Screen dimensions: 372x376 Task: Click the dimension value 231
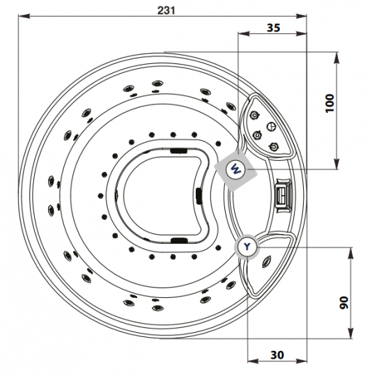click(166, 10)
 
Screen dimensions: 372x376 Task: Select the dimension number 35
click(273, 28)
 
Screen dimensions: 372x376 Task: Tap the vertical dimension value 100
click(330, 103)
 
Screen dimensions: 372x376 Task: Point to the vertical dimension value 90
click(343, 303)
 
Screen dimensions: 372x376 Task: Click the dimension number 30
click(277, 354)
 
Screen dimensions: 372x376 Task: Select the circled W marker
click(235, 169)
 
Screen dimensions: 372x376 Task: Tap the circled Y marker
click(247, 246)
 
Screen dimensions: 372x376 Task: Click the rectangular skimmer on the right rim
click(284, 194)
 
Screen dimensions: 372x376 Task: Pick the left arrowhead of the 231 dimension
click(24, 16)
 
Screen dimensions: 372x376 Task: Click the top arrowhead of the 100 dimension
click(337, 58)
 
